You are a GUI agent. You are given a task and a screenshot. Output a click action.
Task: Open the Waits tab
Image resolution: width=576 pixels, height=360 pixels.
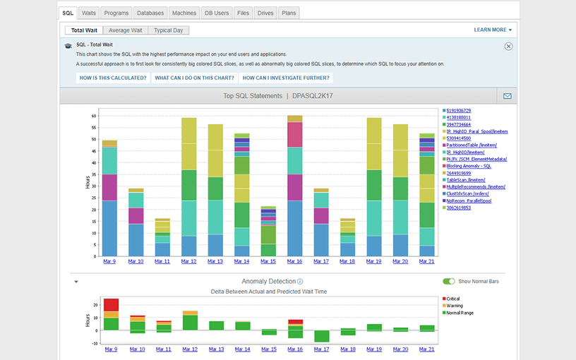tap(89, 13)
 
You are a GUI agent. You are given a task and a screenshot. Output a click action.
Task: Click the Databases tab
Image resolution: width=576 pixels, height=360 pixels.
tap(150, 13)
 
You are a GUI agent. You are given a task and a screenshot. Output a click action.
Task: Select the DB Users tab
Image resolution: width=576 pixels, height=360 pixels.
tap(217, 13)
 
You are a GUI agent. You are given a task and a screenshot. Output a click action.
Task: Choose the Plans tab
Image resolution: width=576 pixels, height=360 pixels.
tap(289, 13)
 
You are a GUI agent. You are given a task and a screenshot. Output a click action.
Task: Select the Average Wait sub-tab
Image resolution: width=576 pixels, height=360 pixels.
tap(126, 30)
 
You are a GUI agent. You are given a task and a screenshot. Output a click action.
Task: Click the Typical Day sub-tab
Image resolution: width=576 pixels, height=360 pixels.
tap(169, 30)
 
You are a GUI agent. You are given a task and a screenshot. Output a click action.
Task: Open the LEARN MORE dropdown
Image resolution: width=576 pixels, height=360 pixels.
tap(493, 30)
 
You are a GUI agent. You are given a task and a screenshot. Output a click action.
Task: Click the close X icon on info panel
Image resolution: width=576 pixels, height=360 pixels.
tap(508, 46)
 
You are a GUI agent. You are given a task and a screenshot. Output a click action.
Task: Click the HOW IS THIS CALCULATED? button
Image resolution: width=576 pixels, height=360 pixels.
tap(113, 78)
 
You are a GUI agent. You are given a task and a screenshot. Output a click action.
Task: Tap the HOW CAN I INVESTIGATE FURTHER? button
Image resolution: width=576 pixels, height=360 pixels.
tap(286, 78)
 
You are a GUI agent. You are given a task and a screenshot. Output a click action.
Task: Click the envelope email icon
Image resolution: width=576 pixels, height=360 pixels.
tap(507, 96)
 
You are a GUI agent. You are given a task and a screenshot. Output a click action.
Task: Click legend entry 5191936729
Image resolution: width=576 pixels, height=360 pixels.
tap(459, 111)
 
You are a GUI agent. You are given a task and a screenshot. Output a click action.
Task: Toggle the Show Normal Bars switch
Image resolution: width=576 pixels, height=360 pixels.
tap(448, 281)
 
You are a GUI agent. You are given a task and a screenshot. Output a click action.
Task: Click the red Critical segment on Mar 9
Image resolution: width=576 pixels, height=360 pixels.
tap(110, 304)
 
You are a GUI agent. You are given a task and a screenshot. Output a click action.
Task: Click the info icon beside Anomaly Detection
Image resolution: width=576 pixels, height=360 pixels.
tap(300, 281)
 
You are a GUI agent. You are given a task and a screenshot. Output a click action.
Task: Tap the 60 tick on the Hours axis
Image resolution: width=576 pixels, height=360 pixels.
tap(93, 115)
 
